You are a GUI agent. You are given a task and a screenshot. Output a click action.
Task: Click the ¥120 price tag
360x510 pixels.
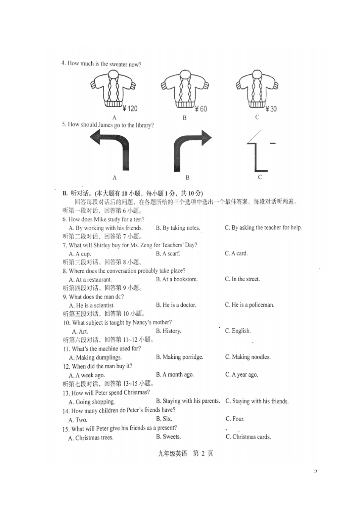(x=130, y=109)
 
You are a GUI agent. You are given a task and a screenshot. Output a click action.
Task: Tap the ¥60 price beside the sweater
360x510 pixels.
(x=201, y=109)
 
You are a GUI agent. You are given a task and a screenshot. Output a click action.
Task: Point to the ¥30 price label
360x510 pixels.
(x=271, y=109)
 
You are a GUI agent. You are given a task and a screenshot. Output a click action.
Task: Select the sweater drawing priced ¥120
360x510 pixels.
(x=113, y=89)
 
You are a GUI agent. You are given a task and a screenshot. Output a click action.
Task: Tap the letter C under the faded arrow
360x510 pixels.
(x=260, y=177)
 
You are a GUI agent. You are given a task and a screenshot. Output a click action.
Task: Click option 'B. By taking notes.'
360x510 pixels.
(x=178, y=228)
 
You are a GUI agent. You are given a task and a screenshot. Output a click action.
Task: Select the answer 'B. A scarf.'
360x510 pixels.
(x=168, y=253)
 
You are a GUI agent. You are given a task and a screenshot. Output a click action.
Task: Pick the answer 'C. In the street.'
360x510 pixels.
(x=242, y=279)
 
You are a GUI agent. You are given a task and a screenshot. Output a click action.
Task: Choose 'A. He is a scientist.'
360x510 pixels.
(x=91, y=305)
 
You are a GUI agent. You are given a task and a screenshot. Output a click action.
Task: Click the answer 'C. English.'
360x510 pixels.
(x=238, y=331)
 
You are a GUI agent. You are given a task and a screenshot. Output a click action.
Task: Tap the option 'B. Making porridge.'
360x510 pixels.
(x=179, y=357)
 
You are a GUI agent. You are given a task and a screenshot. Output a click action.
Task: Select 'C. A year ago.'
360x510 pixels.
(x=241, y=375)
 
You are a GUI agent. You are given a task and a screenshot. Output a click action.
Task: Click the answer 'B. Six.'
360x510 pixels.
(x=164, y=419)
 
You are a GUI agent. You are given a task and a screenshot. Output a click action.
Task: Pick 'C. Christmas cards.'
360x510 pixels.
(x=248, y=437)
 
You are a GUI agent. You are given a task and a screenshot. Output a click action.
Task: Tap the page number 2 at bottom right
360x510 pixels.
(x=316, y=472)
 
